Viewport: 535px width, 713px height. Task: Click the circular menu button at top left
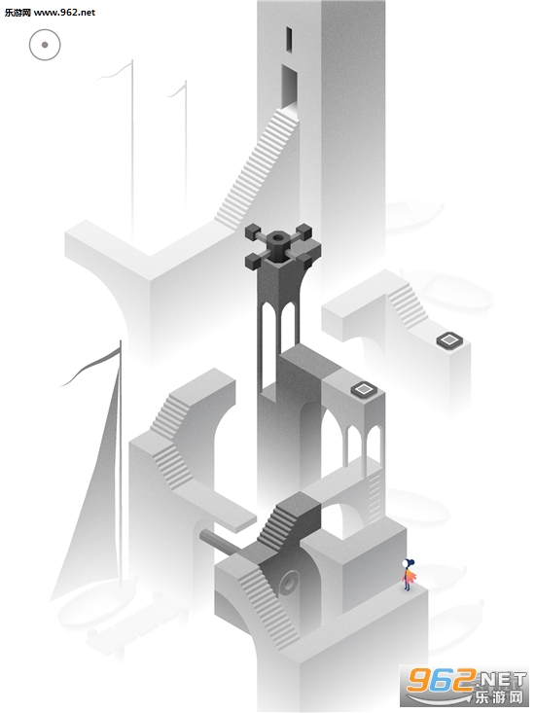[x=45, y=45]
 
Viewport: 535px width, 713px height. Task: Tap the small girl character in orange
[x=409, y=575]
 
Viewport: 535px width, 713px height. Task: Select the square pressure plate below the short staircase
[x=449, y=339]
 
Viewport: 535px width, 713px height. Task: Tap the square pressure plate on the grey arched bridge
[x=364, y=389]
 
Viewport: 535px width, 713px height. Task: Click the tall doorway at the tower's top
[x=290, y=88]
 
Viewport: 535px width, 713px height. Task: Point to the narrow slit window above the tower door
[x=289, y=40]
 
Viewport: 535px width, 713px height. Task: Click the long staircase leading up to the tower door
[x=258, y=168]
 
